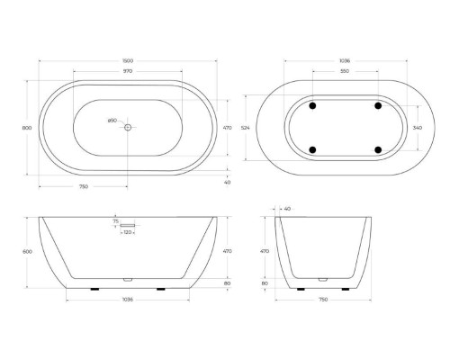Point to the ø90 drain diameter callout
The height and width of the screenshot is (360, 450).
(x=113, y=121)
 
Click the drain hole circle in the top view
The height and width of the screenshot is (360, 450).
(x=128, y=128)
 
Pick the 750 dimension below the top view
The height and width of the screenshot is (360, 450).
(x=84, y=187)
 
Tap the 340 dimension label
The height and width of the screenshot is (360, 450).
(x=416, y=128)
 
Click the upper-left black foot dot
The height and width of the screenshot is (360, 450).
(x=312, y=105)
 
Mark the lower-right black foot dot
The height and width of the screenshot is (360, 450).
(x=377, y=149)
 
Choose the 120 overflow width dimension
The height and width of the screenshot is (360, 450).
(x=129, y=232)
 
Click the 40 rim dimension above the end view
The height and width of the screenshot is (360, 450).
(x=286, y=209)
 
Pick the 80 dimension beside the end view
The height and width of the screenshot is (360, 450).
(x=265, y=283)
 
